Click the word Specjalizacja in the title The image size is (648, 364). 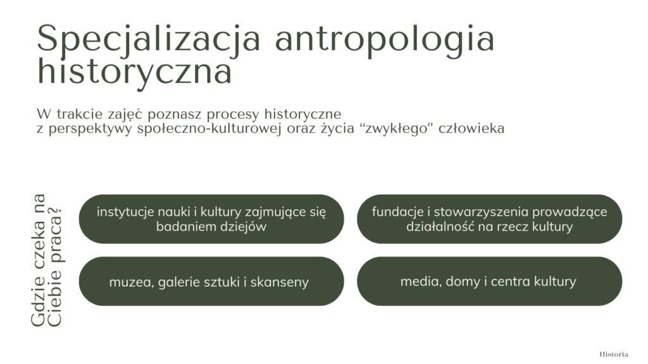pos(149,39)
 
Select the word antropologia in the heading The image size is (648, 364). pos(385,39)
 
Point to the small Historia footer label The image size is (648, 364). pos(614,354)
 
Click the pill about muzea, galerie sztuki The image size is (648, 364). pos(211,281)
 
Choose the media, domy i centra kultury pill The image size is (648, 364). pos(489,281)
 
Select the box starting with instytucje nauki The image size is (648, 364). pos(211,219)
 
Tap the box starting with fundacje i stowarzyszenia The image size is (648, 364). pos(489,219)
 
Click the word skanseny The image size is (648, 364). pos(279,282)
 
